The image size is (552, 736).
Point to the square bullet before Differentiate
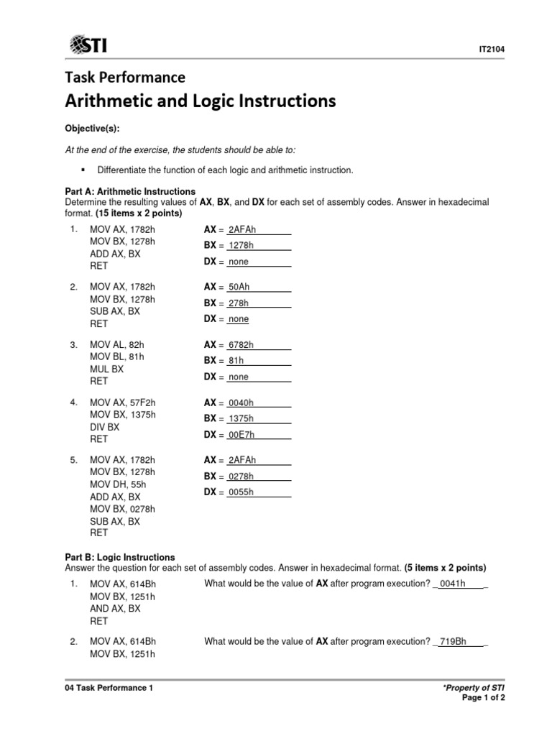(84, 170)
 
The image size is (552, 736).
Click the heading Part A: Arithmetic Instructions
(130, 192)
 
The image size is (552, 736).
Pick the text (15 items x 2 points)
(140, 213)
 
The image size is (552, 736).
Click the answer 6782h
(242, 345)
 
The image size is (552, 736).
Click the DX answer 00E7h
(242, 435)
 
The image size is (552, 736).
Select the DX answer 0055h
(242, 492)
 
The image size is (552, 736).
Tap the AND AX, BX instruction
(115, 609)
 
